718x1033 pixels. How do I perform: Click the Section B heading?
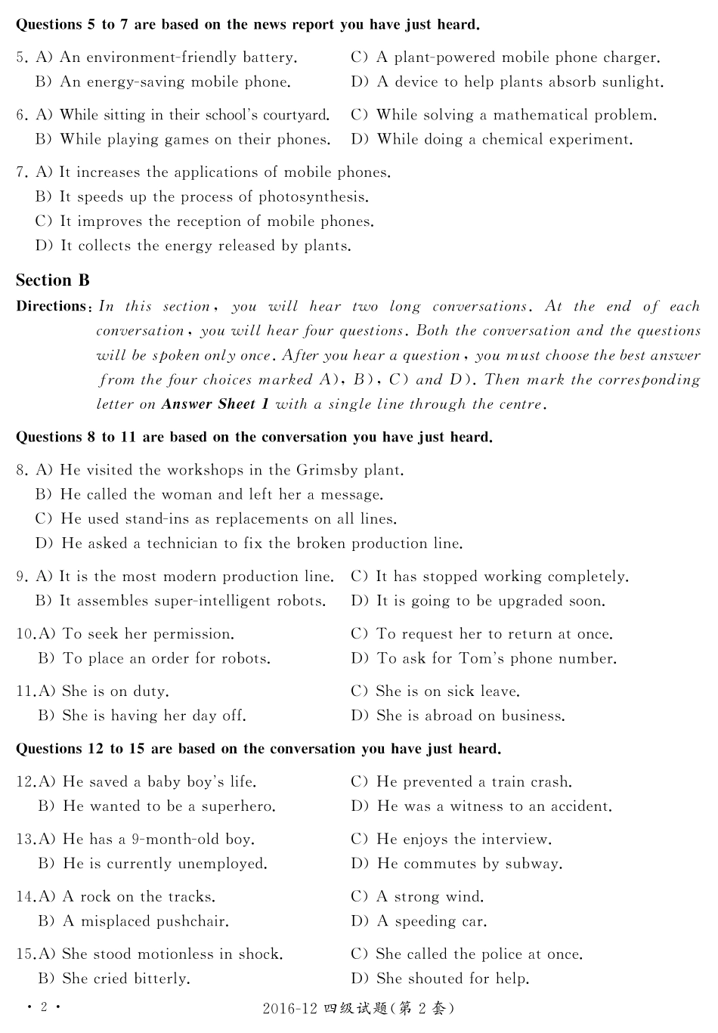pos(53,280)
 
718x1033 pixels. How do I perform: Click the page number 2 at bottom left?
pos(44,1007)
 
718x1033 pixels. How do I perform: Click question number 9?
pos(22,577)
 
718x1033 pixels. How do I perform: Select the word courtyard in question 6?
pos(293,115)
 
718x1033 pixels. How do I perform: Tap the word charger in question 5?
pos(630,57)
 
